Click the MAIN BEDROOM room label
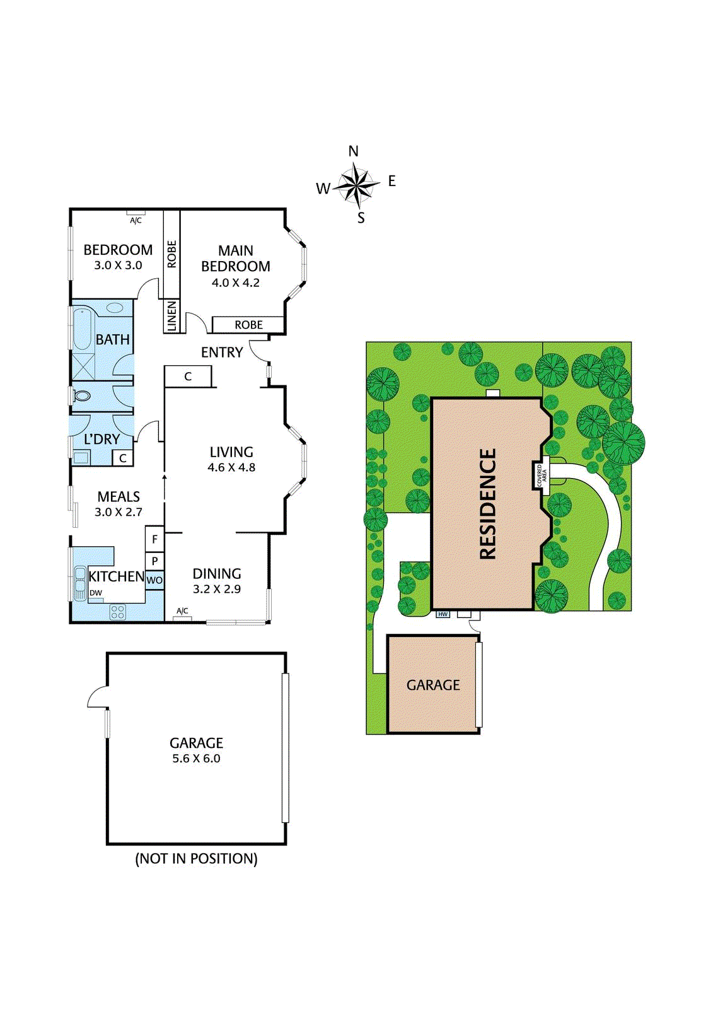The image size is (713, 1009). tap(236, 259)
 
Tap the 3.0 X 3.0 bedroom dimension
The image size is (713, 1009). tap(118, 265)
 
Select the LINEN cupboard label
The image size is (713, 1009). tap(172, 316)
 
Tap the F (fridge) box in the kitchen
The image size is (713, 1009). tap(154, 539)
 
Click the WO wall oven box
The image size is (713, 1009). tap(154, 580)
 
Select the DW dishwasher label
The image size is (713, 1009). tap(96, 593)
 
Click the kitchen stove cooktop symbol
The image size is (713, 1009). tap(118, 611)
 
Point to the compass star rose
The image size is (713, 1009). tap(357, 185)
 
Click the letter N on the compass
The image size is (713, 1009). tap(353, 151)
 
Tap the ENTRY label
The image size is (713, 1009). tap(222, 353)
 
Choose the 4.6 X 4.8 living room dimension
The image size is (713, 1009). tap(231, 467)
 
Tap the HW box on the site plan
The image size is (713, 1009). tap(443, 614)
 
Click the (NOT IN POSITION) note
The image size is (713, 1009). tap(196, 859)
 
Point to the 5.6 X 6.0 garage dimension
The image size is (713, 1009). tap(196, 759)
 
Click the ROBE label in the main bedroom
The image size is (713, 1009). tap(248, 325)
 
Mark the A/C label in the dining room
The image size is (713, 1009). tap(182, 611)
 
